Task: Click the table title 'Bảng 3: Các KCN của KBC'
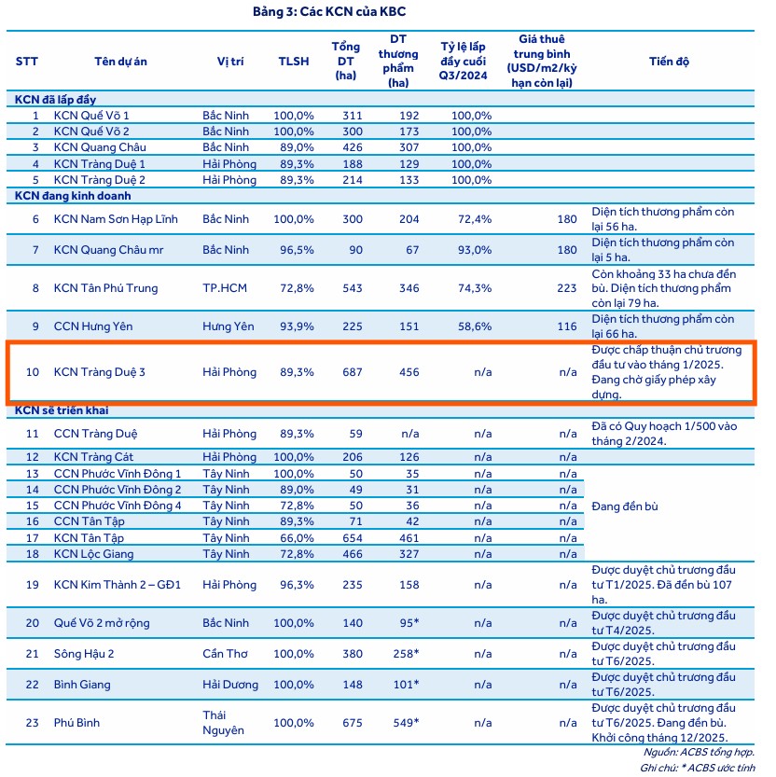click(x=329, y=12)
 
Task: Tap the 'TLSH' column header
click(x=294, y=62)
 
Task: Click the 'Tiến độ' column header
click(x=669, y=62)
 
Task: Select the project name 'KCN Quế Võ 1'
click(x=91, y=116)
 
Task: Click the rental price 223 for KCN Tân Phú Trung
click(x=566, y=288)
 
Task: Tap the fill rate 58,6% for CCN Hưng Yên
click(x=474, y=326)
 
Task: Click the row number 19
click(x=33, y=586)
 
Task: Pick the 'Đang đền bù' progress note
click(x=625, y=506)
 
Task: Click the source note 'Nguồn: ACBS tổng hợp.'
click(x=699, y=752)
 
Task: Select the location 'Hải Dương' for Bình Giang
click(x=230, y=685)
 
